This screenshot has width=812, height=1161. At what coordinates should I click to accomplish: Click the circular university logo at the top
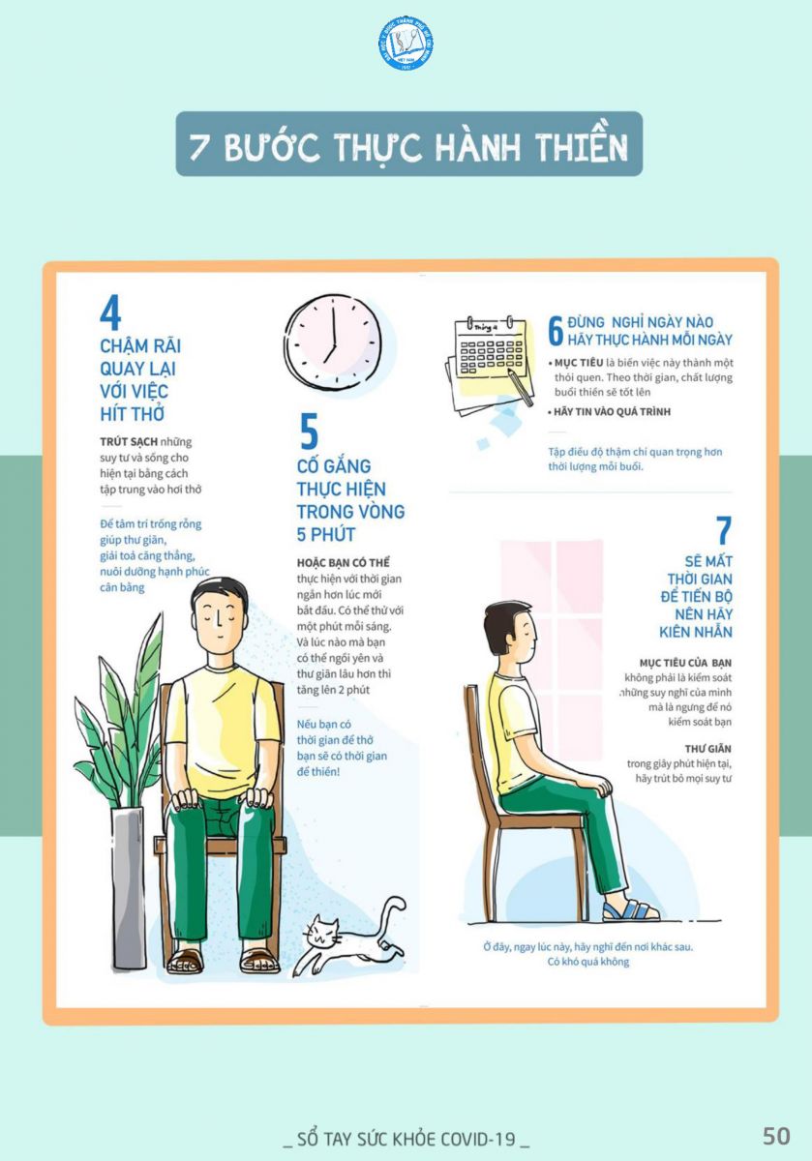406,44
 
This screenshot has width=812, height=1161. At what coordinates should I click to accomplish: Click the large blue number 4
110,313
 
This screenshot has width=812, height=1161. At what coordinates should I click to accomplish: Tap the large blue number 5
309,431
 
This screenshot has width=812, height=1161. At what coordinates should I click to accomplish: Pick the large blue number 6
556,331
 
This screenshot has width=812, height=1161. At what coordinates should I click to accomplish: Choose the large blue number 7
724,530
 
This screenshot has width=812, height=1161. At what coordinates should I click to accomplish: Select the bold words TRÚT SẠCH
129,442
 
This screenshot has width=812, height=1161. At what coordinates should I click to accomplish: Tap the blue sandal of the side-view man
630,911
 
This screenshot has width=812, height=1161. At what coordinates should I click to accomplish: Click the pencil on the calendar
520,387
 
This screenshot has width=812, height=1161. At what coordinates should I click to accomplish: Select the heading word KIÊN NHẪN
695,632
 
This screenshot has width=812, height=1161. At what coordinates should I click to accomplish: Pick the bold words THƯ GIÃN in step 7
707,749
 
